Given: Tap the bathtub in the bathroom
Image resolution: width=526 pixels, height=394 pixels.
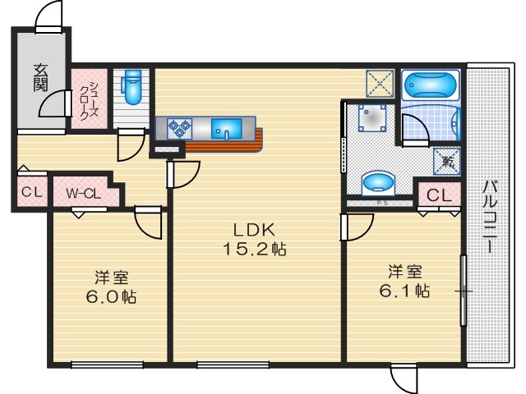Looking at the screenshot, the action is [x=431, y=85].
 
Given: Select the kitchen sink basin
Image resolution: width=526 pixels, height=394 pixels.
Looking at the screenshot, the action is [x=227, y=129].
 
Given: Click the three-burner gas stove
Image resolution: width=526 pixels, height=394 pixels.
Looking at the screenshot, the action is [x=179, y=129].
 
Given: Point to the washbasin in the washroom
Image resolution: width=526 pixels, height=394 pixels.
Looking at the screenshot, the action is [x=378, y=183].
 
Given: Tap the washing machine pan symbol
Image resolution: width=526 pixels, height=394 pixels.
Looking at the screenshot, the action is [x=372, y=118].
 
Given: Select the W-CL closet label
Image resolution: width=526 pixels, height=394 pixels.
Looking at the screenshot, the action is [x=84, y=194].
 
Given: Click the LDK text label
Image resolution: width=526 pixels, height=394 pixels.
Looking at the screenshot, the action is [x=255, y=230].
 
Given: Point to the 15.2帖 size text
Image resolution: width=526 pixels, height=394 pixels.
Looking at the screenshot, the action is [x=255, y=249].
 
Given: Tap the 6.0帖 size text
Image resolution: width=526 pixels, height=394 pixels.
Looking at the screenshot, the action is [x=111, y=296].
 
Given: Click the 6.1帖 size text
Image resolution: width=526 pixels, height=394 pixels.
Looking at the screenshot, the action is [x=405, y=291].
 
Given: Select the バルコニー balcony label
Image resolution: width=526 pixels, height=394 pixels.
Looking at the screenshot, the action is [x=490, y=217].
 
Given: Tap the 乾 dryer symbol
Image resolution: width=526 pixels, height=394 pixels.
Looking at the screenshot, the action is [x=448, y=162].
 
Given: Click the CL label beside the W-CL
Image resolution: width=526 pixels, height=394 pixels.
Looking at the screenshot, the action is [x=32, y=193].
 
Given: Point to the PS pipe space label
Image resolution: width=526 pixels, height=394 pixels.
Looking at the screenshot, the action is [x=381, y=203].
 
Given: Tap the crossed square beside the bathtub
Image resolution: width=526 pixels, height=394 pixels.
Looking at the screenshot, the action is [x=380, y=84].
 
